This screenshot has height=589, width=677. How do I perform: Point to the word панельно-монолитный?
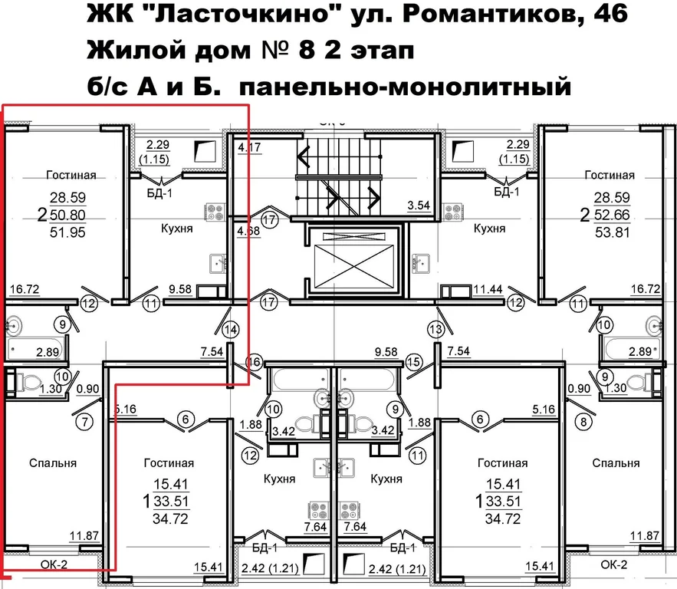tap(406, 87)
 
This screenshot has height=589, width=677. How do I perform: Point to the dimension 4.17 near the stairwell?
tap(249, 146)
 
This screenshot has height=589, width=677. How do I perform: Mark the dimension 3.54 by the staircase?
tap(419, 206)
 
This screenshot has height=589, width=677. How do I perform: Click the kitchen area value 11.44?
tap(465, 289)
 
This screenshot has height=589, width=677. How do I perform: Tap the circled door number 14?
tap(231, 330)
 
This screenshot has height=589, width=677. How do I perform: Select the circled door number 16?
tap(254, 361)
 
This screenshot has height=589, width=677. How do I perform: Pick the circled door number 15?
tap(414, 361)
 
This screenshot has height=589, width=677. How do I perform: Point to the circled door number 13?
tap(436, 330)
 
